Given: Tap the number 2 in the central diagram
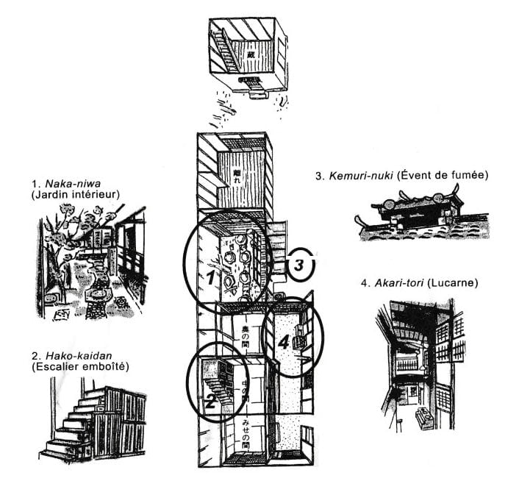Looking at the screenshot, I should click(x=211, y=400).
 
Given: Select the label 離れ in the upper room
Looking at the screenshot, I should click(x=236, y=179).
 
